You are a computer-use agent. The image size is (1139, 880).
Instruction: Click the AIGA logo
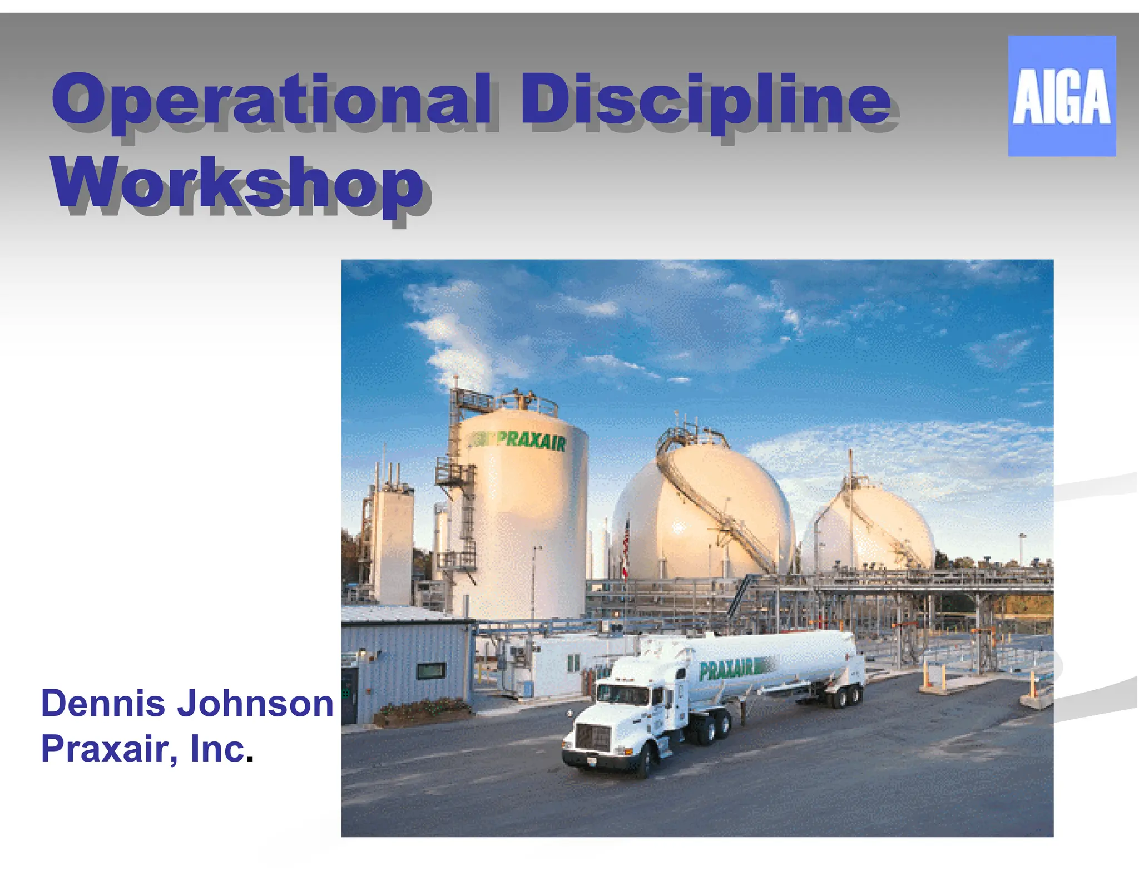click(1061, 96)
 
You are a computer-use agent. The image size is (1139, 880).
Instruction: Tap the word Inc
click(217, 749)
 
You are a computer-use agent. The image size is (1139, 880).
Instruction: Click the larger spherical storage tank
click(704, 512)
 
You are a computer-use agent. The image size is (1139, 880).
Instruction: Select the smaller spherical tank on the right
click(870, 528)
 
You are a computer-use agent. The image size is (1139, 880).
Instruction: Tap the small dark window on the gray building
click(431, 671)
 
